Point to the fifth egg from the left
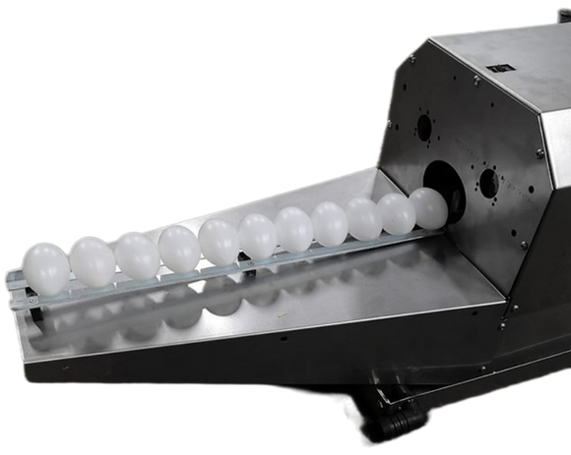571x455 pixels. (220, 241)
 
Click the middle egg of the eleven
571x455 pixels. (258, 236)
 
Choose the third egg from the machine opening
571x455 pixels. (362, 217)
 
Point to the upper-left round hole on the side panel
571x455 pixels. (424, 127)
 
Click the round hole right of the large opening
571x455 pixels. (487, 181)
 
